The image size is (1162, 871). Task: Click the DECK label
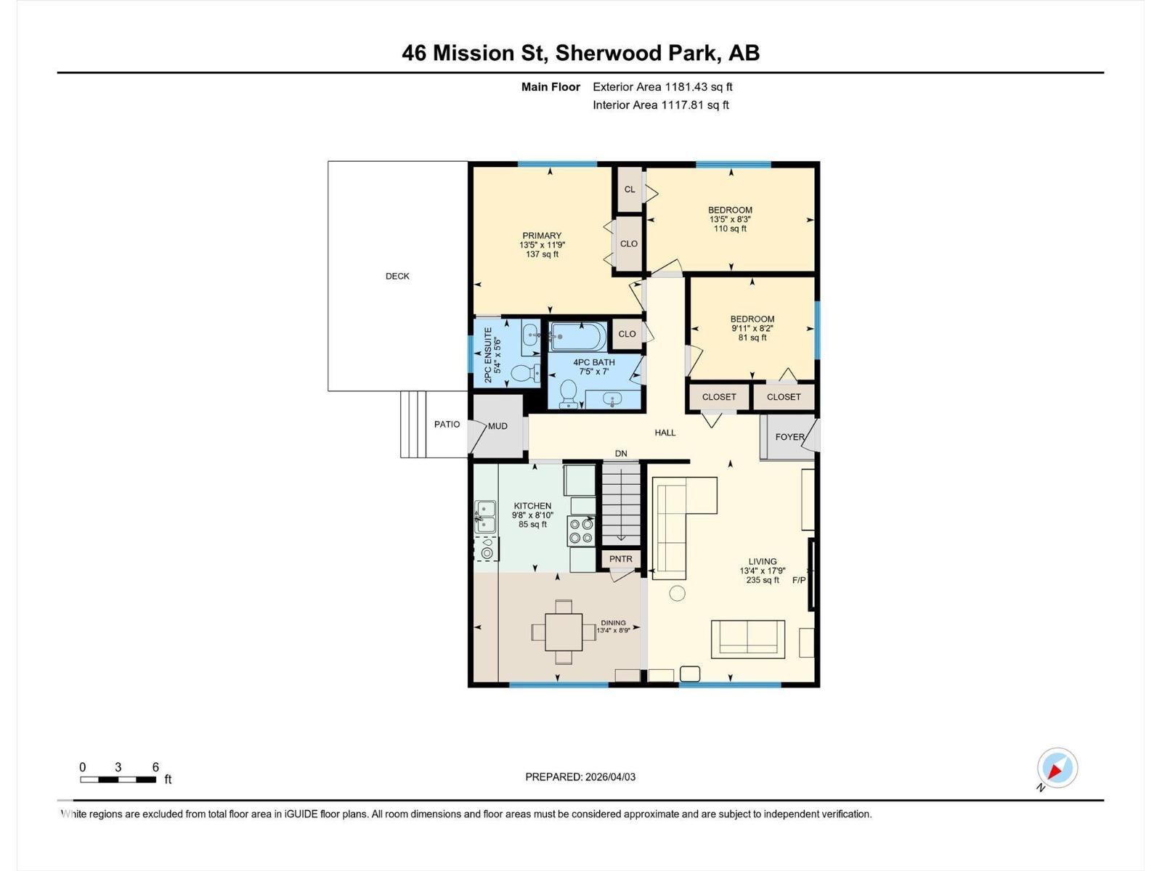pyautogui.click(x=397, y=276)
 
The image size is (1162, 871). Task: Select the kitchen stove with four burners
pyautogui.click(x=581, y=531)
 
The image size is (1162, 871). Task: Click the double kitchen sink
pyautogui.click(x=485, y=516)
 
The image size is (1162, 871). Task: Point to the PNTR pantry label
pyautogui.click(x=621, y=559)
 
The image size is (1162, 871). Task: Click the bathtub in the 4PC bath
pyautogui.click(x=577, y=336)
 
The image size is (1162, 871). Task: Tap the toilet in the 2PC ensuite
pyautogui.click(x=523, y=374)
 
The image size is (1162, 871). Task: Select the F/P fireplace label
pyautogui.click(x=799, y=580)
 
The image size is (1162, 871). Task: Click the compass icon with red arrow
pyautogui.click(x=1057, y=768)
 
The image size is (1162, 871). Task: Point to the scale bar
pyautogui.click(x=118, y=780)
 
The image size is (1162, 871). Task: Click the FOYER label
pyautogui.click(x=789, y=437)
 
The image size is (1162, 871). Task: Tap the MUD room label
pyautogui.click(x=497, y=426)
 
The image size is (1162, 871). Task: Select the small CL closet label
pyautogui.click(x=630, y=189)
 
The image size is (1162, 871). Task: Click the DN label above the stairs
pyautogui.click(x=621, y=454)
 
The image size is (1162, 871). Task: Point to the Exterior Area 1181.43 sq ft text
pyautogui.click(x=662, y=87)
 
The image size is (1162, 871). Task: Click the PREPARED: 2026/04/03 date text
pyautogui.click(x=580, y=777)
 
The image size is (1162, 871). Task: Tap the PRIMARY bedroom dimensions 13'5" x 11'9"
pyautogui.click(x=542, y=245)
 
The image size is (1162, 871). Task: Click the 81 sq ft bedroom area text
pyautogui.click(x=752, y=338)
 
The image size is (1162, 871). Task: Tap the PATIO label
pyautogui.click(x=447, y=424)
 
